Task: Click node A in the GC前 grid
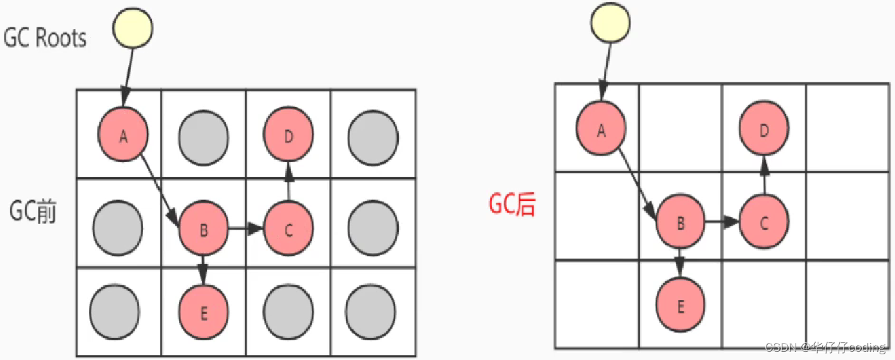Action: click(x=123, y=135)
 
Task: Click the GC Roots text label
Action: click(x=45, y=39)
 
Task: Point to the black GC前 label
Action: click(x=33, y=211)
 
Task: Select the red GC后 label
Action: click(x=511, y=204)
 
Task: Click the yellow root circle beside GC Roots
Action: click(x=133, y=27)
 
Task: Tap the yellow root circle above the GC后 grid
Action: click(x=610, y=22)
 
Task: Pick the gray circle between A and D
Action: click(x=203, y=135)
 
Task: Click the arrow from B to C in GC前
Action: click(x=246, y=228)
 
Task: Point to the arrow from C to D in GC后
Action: click(x=764, y=174)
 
